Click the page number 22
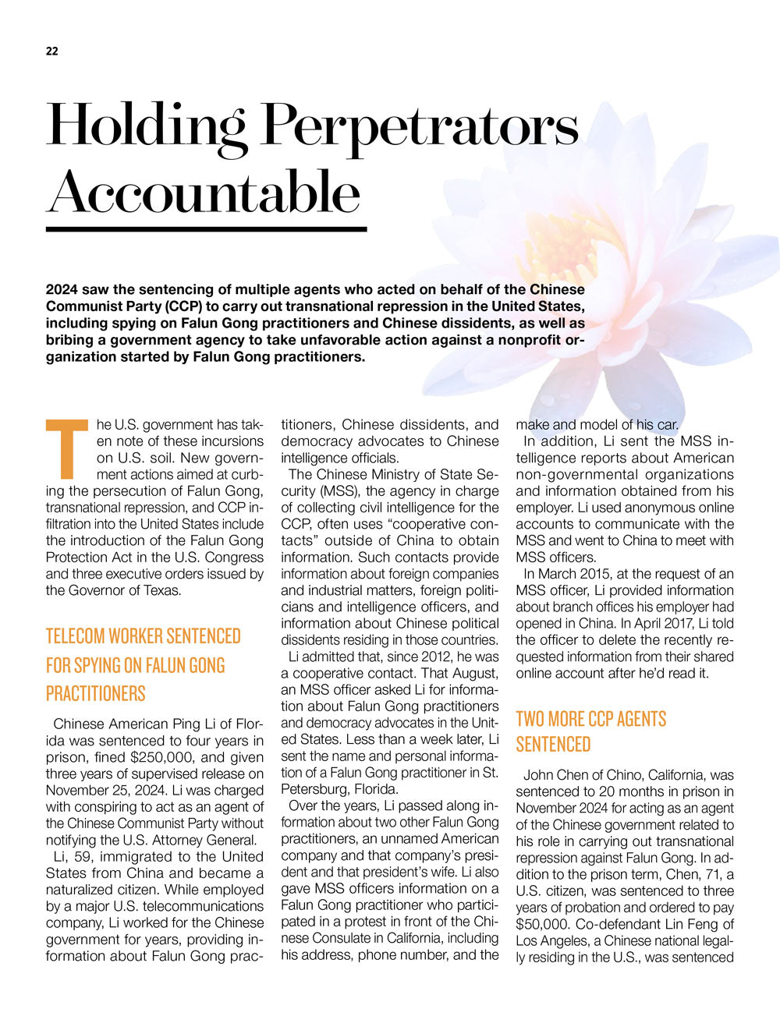click(51, 51)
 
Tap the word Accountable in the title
click(204, 192)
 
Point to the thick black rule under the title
click(206, 229)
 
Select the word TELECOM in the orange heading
click(76, 636)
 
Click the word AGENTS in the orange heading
click(638, 718)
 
